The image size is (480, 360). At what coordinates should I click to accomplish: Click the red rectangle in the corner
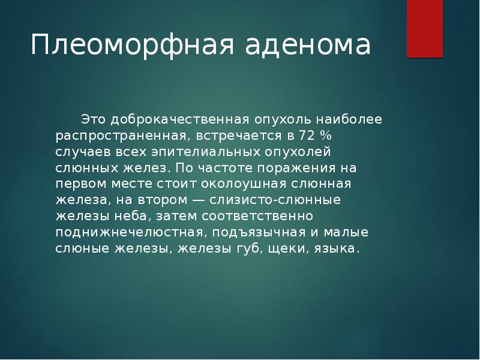coord(425,29)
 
